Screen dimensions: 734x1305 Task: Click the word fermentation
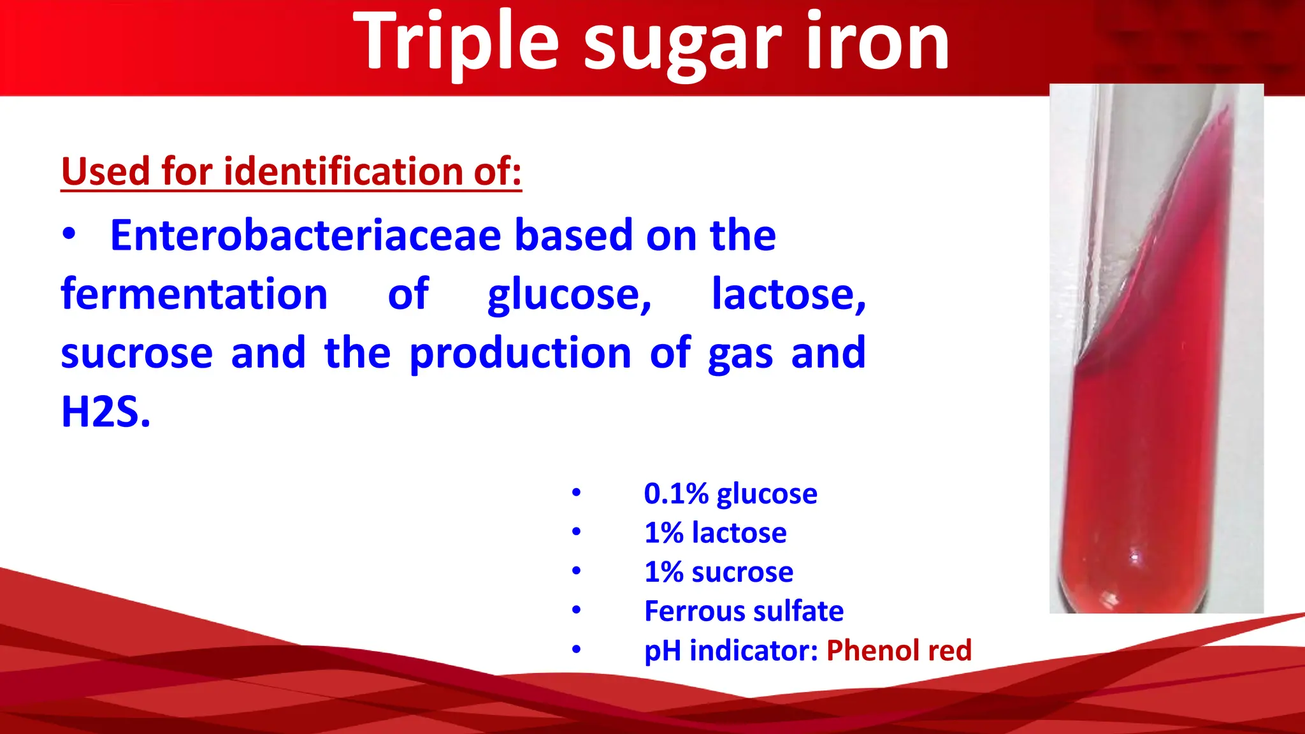click(x=194, y=294)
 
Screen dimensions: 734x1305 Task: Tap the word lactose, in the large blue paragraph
click(x=789, y=294)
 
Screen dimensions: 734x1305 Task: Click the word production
click(x=520, y=353)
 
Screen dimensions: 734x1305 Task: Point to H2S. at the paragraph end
click(x=106, y=412)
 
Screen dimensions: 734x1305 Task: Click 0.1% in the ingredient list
click(x=676, y=494)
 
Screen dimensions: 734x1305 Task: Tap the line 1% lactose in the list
click(x=715, y=533)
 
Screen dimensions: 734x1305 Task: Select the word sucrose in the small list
click(x=742, y=572)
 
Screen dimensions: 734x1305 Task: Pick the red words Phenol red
click(x=898, y=651)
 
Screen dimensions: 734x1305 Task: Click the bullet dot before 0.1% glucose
click(x=576, y=493)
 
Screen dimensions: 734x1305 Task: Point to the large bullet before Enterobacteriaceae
click(x=69, y=234)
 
